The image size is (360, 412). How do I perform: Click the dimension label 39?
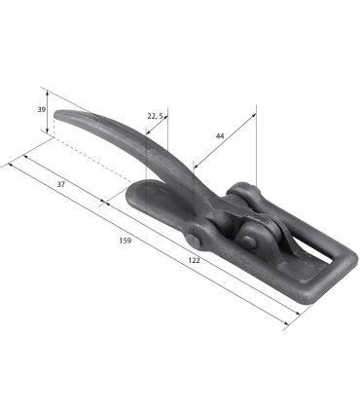pos(41,110)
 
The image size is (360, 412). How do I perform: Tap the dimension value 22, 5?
pos(155,116)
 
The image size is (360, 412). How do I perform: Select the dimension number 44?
pos(220,136)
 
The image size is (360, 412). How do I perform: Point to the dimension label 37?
pos(61,184)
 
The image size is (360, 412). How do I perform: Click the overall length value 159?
pos(126,241)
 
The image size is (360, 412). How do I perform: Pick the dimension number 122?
pos(194,260)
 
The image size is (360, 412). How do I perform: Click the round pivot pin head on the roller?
pos(248,241)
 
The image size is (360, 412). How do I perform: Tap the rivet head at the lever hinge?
pos(194,242)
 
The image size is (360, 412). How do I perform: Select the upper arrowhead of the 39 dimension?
pos(48,94)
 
